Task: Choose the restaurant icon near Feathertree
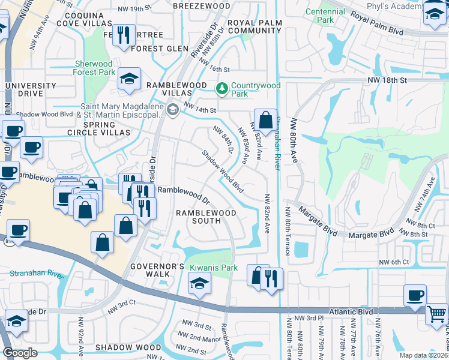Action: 124,35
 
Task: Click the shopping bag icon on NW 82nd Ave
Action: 265,119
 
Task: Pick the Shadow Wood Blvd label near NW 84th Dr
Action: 222,171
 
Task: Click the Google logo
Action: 20,352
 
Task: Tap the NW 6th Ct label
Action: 393,262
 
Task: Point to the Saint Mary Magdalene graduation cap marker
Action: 173,109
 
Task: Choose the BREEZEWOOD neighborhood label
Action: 197,5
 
